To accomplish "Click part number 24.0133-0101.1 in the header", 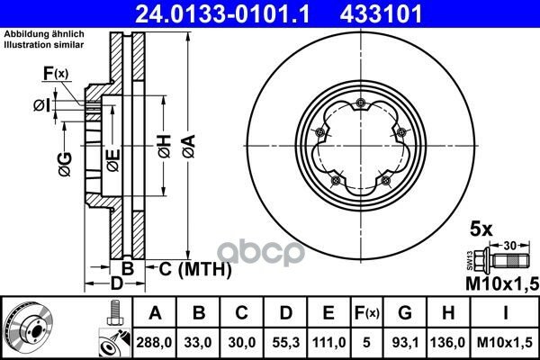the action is [222, 14].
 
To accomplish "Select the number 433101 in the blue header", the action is [381, 14].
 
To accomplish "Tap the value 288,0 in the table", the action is [154, 342].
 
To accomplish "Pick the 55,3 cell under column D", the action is [286, 342].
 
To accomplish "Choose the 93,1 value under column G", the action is [405, 342].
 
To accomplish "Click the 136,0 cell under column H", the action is [447, 342].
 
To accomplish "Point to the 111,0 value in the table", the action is [328, 342].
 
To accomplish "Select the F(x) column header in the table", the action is [366, 313].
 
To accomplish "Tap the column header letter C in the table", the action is [241, 313].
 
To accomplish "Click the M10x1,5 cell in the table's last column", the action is [505, 342].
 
